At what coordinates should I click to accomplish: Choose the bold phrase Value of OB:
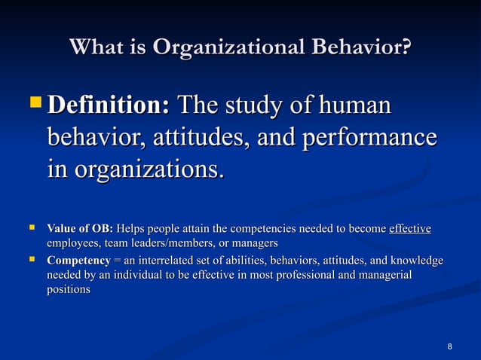pos(80,229)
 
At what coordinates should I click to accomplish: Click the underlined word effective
pos(409,229)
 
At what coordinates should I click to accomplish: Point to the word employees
pos(74,243)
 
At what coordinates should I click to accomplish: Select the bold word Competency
pos(78,261)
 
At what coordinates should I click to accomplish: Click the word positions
pos(69,289)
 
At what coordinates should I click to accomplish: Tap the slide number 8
pos(450,346)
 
